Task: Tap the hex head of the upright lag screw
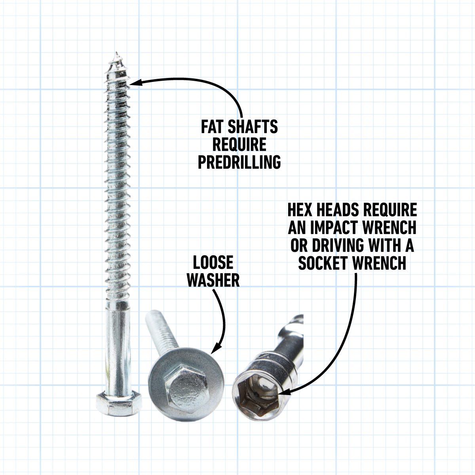(x=117, y=403)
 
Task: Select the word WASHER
(x=213, y=280)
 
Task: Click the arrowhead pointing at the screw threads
(x=135, y=82)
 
